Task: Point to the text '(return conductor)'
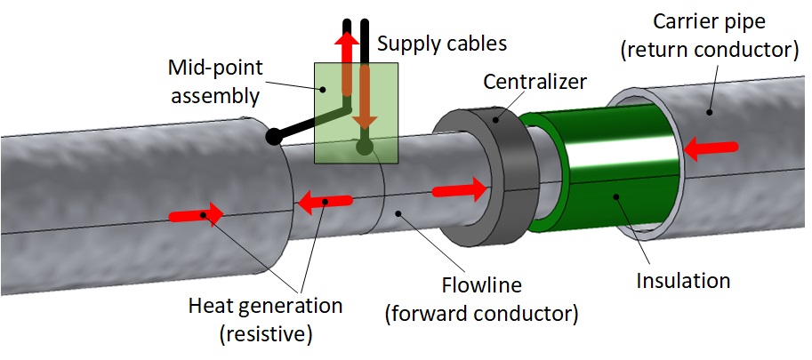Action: coord(707,50)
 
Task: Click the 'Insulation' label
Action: coord(683,281)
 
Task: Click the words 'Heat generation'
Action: coord(265,306)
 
